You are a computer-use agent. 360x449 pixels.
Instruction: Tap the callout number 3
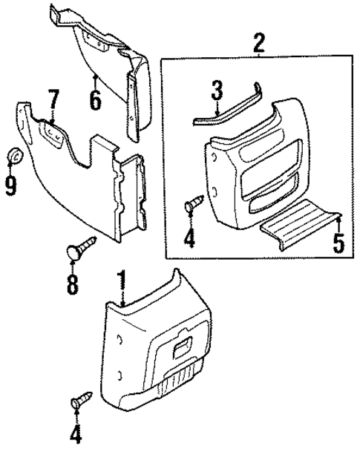click(217, 92)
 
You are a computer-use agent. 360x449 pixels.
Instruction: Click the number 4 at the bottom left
click(76, 433)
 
